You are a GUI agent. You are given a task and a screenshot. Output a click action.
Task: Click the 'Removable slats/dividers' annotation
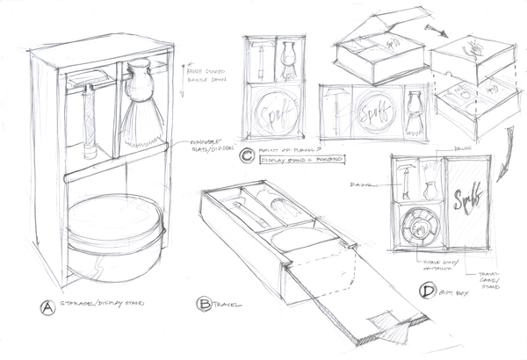[x=203, y=149]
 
